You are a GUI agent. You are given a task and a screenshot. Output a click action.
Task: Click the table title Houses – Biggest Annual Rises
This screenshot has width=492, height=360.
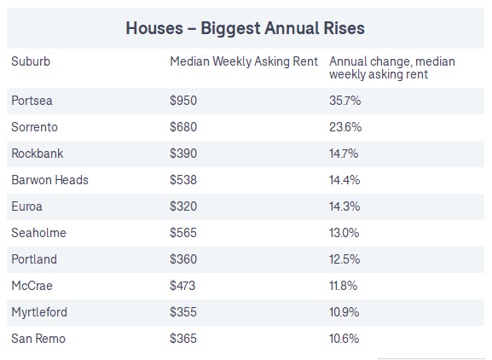pyautogui.click(x=245, y=28)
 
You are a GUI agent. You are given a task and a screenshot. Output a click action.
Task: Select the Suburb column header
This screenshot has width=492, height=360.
pyautogui.click(x=31, y=61)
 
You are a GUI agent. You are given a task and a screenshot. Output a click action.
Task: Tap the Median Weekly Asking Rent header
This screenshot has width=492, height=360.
pyautogui.click(x=244, y=61)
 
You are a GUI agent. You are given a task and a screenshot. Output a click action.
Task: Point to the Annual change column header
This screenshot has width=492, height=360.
pyautogui.click(x=392, y=67)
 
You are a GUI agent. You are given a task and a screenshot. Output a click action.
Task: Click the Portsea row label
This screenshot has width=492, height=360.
pyautogui.click(x=32, y=101)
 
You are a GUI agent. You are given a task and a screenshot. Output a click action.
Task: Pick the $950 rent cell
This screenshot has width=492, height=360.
pyautogui.click(x=183, y=101)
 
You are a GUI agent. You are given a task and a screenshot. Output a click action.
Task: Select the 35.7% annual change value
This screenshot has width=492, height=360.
pyautogui.click(x=344, y=101)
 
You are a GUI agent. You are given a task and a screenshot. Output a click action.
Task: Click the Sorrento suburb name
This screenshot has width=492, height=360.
pyautogui.click(x=34, y=127)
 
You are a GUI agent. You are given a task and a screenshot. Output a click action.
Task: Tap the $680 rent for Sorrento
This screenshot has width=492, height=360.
pyautogui.click(x=183, y=127)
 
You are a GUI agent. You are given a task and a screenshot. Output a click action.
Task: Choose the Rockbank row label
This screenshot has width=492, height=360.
pyautogui.click(x=38, y=154)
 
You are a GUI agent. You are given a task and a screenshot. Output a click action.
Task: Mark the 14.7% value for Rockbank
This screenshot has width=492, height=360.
pyautogui.click(x=344, y=154)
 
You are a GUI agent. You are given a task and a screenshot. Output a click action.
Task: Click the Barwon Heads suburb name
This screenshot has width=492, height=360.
pyautogui.click(x=50, y=180)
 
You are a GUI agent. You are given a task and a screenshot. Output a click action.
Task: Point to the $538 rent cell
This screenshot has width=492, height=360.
pyautogui.click(x=183, y=180)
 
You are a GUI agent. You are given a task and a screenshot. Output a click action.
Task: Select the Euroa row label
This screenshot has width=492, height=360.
pyautogui.click(x=26, y=206)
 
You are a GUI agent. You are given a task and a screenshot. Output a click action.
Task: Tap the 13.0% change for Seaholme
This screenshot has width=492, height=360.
pyautogui.click(x=344, y=233)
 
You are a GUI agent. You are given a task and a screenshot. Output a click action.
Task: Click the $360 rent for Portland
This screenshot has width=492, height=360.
pyautogui.click(x=183, y=259)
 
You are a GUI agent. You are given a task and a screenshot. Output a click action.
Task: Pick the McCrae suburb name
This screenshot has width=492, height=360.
pyautogui.click(x=32, y=286)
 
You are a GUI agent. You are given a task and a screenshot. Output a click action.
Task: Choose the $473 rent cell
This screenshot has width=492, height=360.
pyautogui.click(x=182, y=286)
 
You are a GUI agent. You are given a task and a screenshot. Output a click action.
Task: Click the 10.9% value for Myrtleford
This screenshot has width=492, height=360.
pyautogui.click(x=344, y=312)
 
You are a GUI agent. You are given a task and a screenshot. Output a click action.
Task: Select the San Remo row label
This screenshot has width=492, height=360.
pyautogui.click(x=38, y=339)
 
